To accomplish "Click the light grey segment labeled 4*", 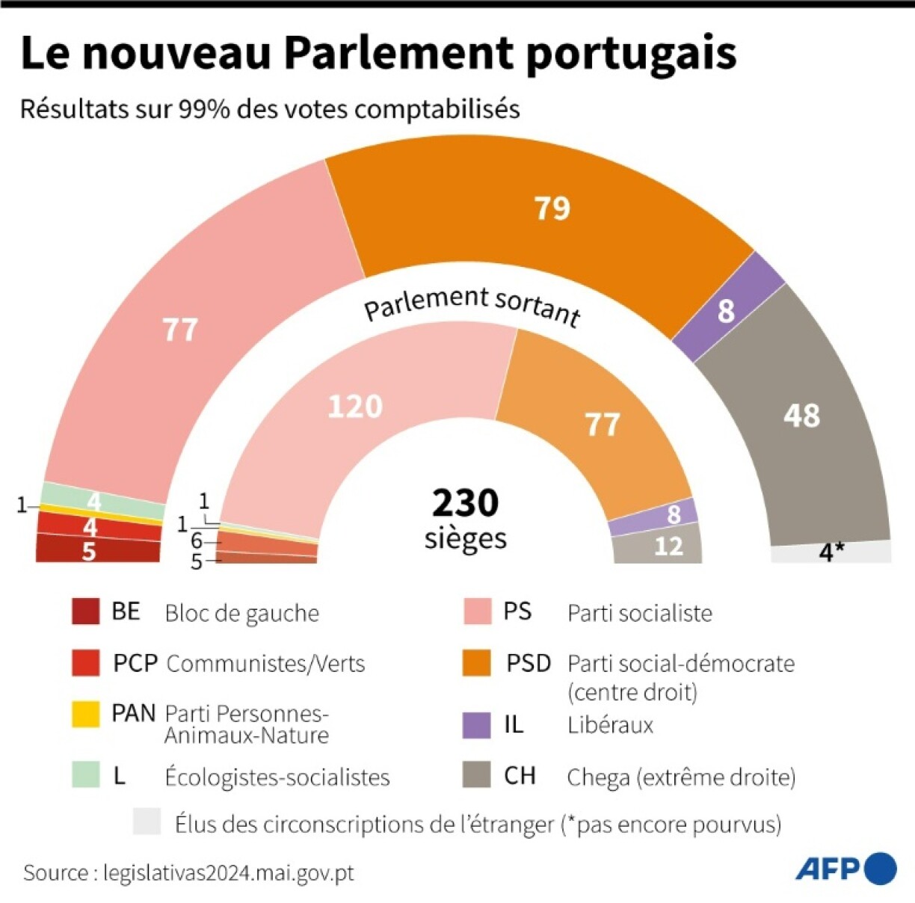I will click(x=831, y=552).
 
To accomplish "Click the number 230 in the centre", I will click(x=465, y=503).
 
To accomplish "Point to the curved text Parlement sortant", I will click(x=472, y=304).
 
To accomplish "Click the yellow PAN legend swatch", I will click(x=85, y=714).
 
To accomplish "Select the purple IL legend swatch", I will click(x=476, y=725).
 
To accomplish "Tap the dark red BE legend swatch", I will click(x=85, y=611).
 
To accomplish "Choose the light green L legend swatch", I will click(x=85, y=775).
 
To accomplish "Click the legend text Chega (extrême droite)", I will click(x=680, y=777).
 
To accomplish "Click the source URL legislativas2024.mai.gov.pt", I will click(x=229, y=872).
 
